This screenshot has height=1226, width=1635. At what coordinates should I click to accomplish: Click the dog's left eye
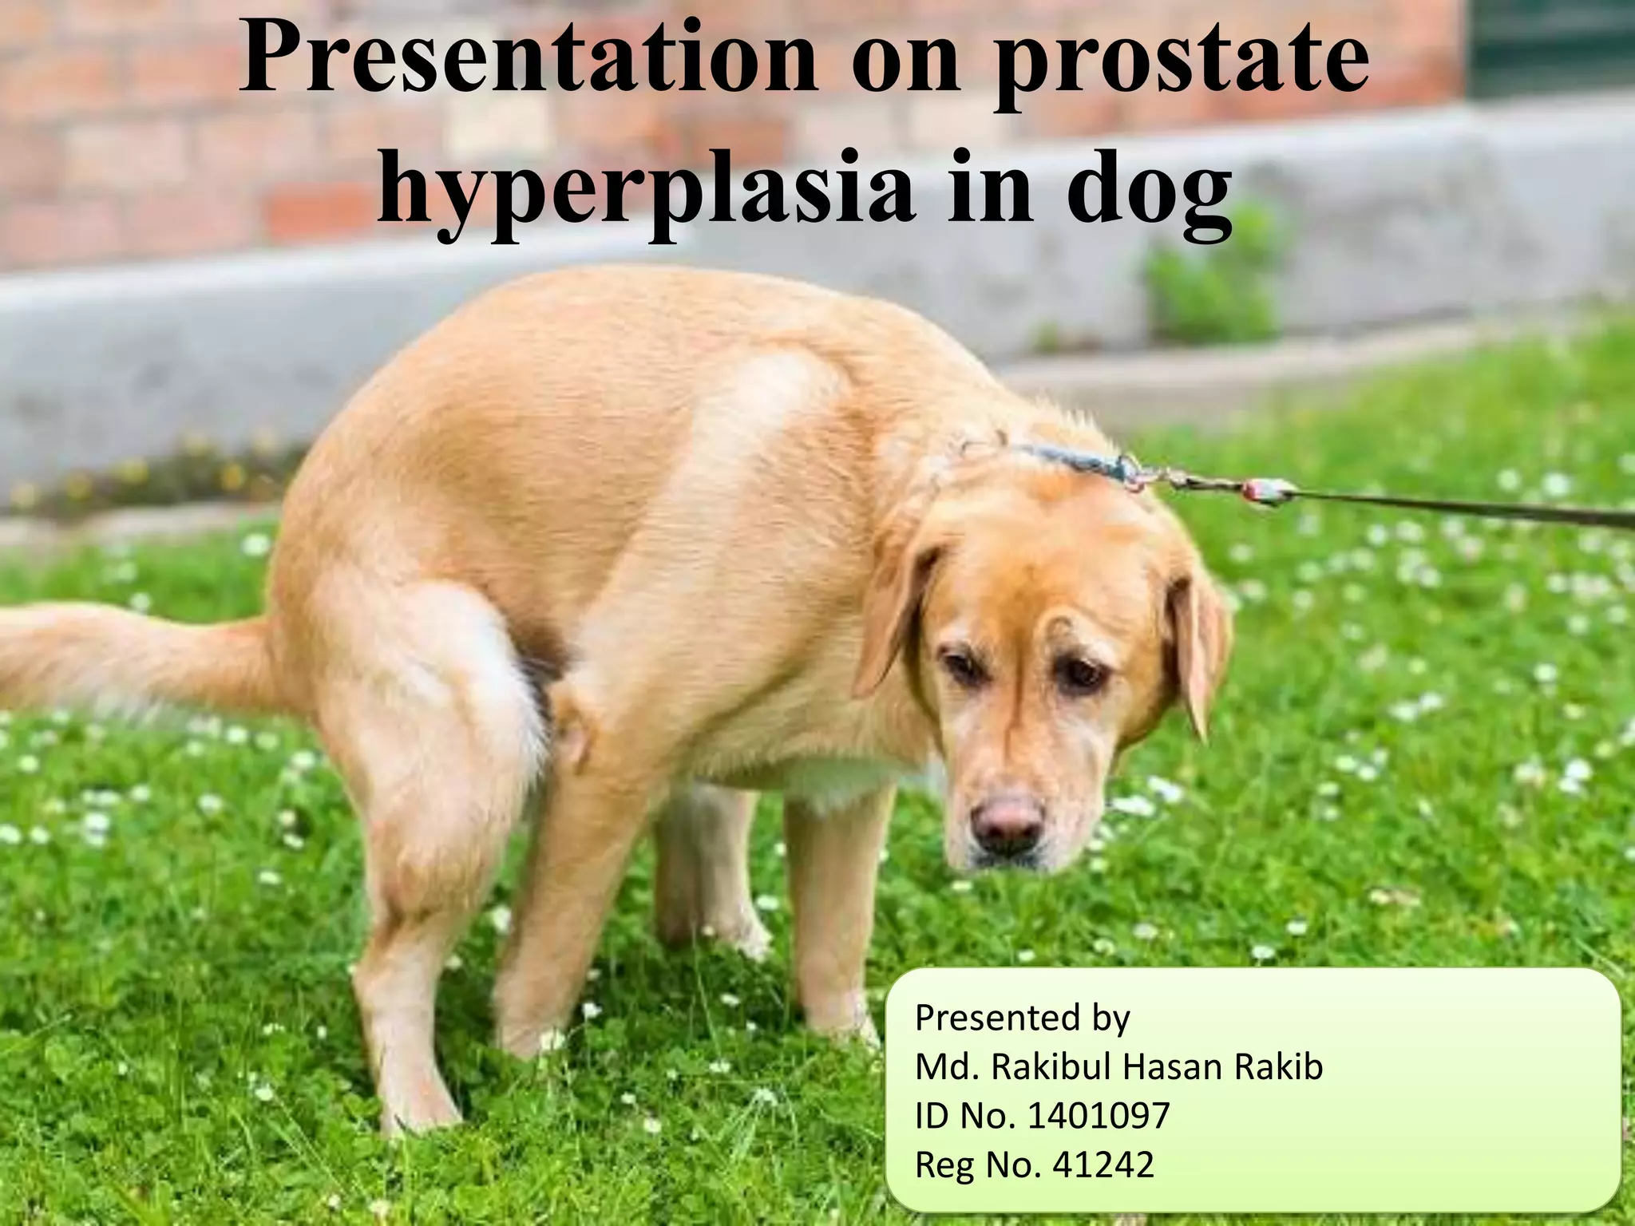click(x=1080, y=675)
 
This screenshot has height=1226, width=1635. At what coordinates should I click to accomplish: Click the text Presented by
click(x=1022, y=1018)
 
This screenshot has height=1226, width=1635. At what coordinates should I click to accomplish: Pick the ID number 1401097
click(x=1098, y=1116)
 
